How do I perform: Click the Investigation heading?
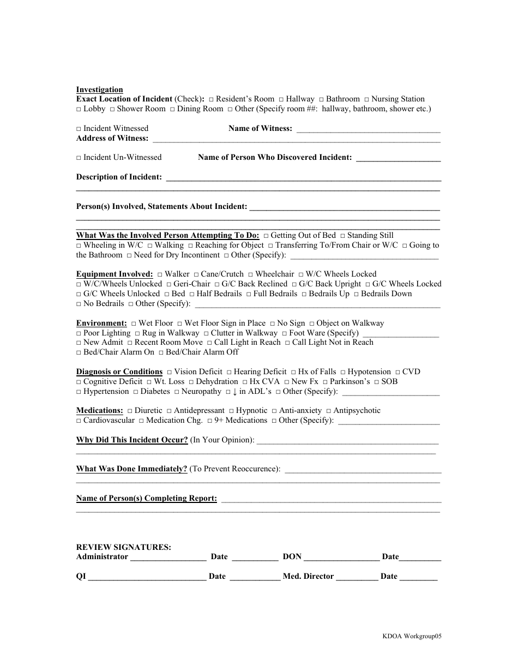click(x=99, y=89)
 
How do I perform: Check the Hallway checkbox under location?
click(x=281, y=99)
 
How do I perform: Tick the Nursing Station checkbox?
click(x=366, y=99)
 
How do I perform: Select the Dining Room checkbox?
click(x=172, y=109)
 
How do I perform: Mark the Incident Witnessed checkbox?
click(x=79, y=129)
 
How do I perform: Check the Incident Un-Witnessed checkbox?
click(x=79, y=158)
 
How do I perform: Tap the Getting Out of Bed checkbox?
click(x=266, y=236)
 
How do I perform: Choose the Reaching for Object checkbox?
click(x=190, y=245)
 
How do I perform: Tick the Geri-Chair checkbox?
click(x=169, y=284)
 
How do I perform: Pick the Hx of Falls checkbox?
click(x=293, y=372)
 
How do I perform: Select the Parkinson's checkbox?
click(x=325, y=382)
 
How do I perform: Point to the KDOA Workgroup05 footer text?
click(x=412, y=636)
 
